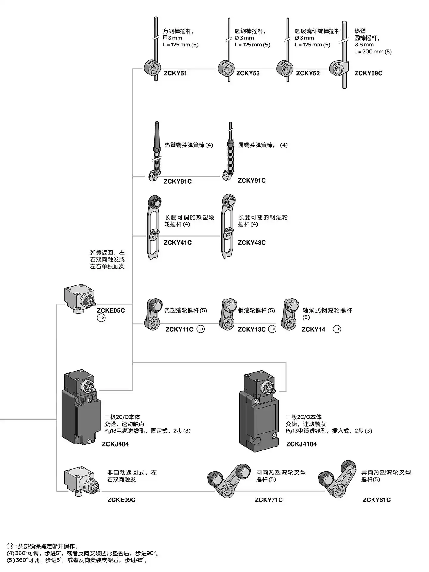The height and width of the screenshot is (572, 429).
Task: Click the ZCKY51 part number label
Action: pos(175,73)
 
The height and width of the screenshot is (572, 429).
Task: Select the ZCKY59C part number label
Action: pos(368,73)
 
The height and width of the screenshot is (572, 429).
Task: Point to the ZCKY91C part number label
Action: pos(251,181)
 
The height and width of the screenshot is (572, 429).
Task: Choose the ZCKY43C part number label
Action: pos(251,243)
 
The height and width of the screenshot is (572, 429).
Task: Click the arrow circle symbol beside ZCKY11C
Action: pos(201,329)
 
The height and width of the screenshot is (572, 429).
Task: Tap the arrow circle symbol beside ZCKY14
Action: pos(337,329)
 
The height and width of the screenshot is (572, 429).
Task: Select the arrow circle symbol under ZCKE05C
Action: pos(101,318)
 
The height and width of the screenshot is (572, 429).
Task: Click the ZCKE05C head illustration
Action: pos(79,298)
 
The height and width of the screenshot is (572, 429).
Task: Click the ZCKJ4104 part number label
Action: pos(301,444)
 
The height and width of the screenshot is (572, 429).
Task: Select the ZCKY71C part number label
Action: pos(268,500)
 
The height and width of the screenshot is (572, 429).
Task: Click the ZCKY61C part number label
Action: pos(376,500)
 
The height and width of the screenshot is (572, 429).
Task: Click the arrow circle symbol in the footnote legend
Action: pos(10,546)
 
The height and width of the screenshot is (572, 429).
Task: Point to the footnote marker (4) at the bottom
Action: pos(10,553)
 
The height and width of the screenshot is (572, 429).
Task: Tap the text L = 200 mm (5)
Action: pos(373,52)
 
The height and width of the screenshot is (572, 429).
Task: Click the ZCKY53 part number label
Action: pos(248,73)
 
